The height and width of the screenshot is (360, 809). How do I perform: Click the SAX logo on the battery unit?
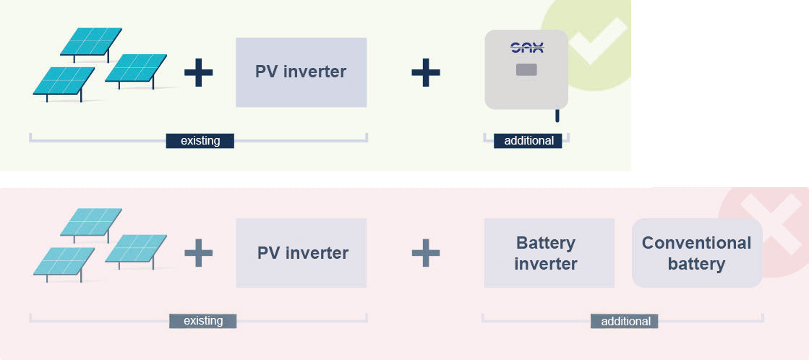(x=527, y=48)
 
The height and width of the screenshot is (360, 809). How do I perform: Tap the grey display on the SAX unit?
(x=526, y=69)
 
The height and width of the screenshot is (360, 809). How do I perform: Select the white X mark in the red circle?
(x=771, y=224)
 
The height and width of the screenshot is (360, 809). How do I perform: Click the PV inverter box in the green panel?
(x=301, y=72)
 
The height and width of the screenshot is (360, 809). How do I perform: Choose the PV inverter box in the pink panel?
(x=301, y=253)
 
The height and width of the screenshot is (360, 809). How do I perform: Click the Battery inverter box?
(x=549, y=253)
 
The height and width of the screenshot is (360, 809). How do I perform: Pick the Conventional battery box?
(x=697, y=253)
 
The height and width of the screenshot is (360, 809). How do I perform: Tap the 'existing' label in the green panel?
(x=200, y=141)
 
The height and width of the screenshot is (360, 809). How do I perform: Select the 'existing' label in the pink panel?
(x=202, y=321)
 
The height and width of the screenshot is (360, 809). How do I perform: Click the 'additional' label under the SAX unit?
(x=528, y=141)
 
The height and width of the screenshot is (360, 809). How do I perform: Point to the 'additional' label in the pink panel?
(x=625, y=321)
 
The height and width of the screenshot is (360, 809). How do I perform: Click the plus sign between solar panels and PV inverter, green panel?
(x=199, y=72)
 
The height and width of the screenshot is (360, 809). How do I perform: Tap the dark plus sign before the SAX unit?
(x=426, y=72)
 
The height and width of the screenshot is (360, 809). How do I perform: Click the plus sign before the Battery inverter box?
(x=426, y=253)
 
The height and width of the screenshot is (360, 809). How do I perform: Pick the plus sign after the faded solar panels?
(x=199, y=253)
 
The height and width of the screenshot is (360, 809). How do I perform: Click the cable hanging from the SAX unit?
(x=557, y=116)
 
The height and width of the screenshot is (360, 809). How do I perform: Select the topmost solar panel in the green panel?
(x=91, y=43)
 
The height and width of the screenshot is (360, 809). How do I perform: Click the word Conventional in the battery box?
(x=696, y=243)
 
